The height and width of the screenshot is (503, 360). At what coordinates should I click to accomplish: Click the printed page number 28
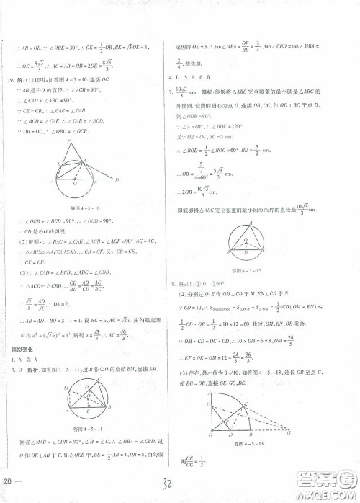coord(9,481)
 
